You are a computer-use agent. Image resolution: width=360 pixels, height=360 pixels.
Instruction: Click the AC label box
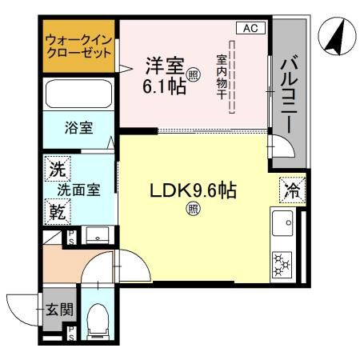click(x=250, y=29)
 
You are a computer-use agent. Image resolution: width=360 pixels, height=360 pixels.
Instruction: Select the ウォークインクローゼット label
click(x=78, y=46)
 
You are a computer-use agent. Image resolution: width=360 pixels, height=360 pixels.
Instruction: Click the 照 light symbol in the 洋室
click(x=193, y=76)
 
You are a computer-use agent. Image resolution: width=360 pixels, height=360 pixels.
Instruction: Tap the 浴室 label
click(x=78, y=126)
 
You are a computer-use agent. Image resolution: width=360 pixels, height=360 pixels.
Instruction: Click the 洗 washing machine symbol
click(x=57, y=169)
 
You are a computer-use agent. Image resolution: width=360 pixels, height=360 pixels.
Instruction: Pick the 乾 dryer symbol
click(x=57, y=213)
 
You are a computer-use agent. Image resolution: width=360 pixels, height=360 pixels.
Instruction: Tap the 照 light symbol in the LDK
click(x=192, y=210)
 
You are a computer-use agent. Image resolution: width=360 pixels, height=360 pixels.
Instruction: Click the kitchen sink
click(x=283, y=226)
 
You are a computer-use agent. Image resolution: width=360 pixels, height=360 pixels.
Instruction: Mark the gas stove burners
click(x=283, y=263)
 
